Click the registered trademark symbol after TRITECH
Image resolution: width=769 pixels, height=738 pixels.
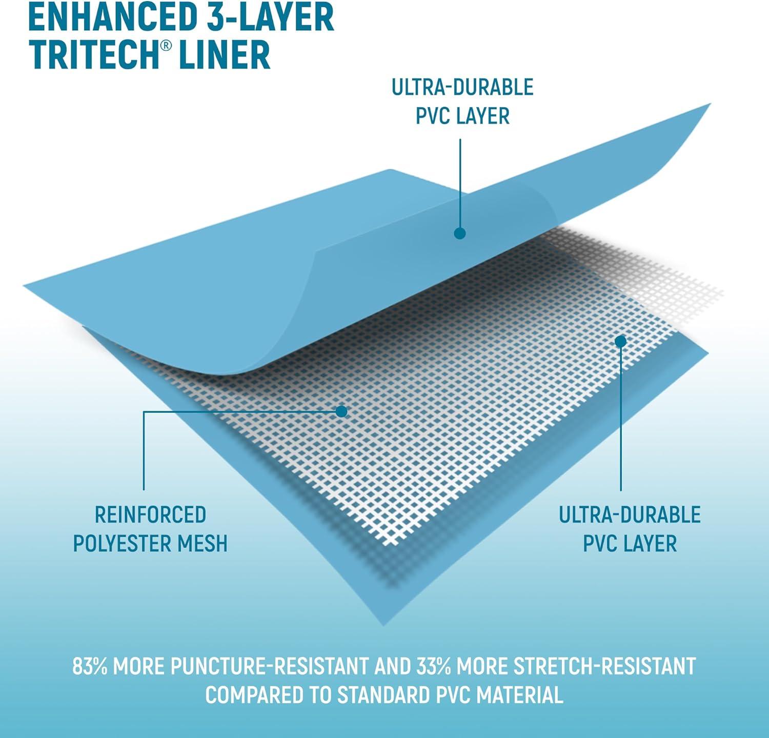point(164,45)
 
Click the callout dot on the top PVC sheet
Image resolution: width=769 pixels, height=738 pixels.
point(460,233)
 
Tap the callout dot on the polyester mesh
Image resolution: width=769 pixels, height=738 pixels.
point(341,411)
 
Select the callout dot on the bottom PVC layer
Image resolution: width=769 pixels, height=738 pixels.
point(620,341)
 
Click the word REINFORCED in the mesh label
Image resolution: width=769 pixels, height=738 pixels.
point(150,515)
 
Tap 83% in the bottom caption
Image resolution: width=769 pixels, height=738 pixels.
point(90,666)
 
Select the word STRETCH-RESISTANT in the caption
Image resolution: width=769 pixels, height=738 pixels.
point(605,666)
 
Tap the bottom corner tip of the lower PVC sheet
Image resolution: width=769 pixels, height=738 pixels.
point(383,625)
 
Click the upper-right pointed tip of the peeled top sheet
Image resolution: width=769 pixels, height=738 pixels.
point(710,105)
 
